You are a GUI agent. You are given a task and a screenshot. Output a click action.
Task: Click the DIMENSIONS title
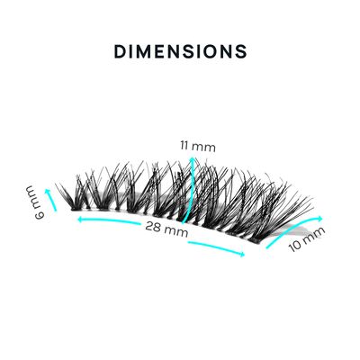coord(180,51)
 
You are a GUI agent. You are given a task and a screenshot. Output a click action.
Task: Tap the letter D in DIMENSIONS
coord(120,51)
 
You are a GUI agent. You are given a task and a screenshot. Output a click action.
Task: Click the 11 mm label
coord(198,147)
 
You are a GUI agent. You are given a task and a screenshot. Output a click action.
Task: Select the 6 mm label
coord(36,203)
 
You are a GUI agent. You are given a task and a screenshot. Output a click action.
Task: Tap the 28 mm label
coord(166,229)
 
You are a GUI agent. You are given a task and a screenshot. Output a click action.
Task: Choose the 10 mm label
coord(307,239)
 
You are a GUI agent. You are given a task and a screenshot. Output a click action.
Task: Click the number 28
coord(153,226)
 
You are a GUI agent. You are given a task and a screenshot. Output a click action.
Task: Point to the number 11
coord(184,146)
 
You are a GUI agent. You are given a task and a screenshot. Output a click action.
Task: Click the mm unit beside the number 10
coord(314,235)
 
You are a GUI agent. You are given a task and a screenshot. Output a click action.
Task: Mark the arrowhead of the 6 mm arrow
coord(47,191)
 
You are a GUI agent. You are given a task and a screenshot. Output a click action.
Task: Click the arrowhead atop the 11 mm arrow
coord(191,158)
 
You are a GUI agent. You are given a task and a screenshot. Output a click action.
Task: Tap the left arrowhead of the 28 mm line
coord(80,220)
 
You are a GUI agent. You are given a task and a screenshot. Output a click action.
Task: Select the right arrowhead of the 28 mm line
coord(242,255)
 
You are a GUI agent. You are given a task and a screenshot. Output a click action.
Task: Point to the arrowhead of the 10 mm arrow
coord(319,219)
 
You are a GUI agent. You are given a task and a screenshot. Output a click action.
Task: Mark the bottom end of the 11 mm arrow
coord(184,222)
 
